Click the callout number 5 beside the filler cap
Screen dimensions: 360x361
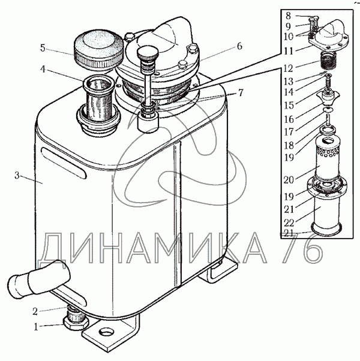[x=43, y=48]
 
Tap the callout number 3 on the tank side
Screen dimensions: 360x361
[x=17, y=176]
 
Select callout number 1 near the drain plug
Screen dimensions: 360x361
[x=36, y=327]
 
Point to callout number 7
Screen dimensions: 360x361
[x=240, y=93]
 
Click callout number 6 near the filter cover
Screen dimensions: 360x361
[x=239, y=46]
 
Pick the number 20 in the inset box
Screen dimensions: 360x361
[x=289, y=179]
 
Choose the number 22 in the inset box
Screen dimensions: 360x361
[x=289, y=222]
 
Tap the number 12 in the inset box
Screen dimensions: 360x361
[x=288, y=68]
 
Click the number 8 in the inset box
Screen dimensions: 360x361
[x=289, y=16]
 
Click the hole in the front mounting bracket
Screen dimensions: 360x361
[x=106, y=332]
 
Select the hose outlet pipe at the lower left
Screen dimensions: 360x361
[x=38, y=279]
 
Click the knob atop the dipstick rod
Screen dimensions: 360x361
[x=148, y=53]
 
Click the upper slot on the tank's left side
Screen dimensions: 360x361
[x=64, y=163]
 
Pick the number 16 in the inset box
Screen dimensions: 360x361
[x=289, y=119]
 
